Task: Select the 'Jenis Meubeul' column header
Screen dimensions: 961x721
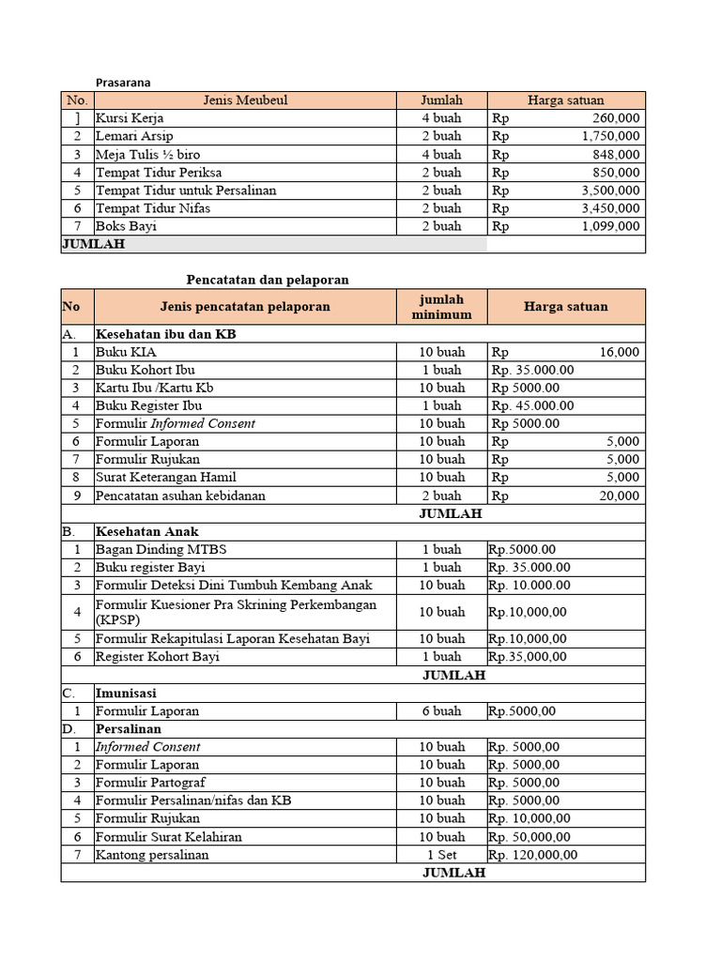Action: click(244, 100)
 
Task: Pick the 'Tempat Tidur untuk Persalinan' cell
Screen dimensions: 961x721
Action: click(186, 191)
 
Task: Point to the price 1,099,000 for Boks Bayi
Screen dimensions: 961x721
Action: click(611, 226)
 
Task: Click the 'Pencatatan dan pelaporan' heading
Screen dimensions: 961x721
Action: click(268, 280)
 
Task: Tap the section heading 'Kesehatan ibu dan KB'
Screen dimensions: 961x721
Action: click(165, 333)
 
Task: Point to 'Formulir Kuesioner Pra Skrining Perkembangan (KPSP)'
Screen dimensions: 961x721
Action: click(236, 612)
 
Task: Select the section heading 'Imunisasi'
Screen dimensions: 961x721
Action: click(126, 693)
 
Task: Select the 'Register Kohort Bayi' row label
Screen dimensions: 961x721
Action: click(157, 657)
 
